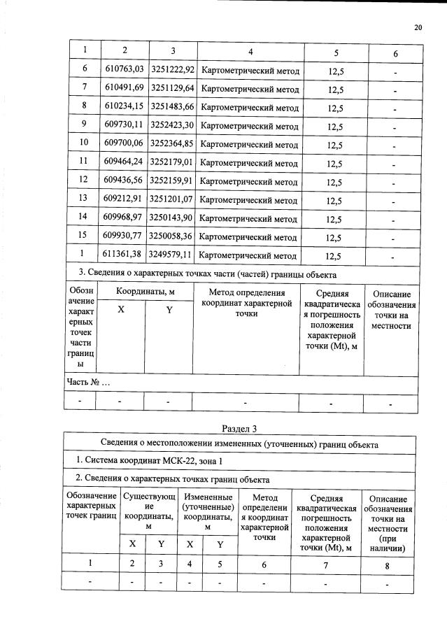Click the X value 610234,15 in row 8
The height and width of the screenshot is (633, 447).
tap(124, 108)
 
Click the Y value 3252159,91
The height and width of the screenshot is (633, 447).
tap(171, 182)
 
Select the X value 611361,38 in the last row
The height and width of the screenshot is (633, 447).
tap(124, 256)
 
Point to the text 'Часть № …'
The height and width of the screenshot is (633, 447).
tap(88, 383)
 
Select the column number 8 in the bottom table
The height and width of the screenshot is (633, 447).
tap(388, 563)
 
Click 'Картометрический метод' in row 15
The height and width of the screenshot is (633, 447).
tap(249, 238)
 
